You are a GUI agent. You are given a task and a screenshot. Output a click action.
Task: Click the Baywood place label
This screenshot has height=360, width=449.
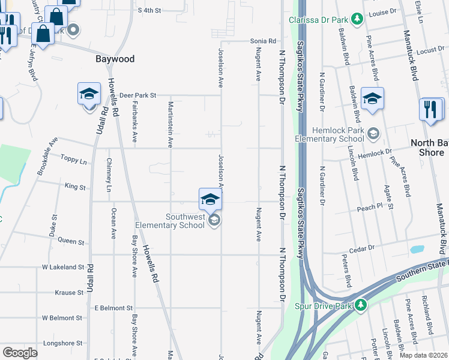pos(115,59)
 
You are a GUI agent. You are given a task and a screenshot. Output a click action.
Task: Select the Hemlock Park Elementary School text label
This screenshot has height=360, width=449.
pos(330,134)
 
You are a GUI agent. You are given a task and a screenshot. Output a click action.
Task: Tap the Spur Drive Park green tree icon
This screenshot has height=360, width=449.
pos(360,305)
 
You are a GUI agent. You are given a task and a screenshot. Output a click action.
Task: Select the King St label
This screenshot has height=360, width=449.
pos(75,187)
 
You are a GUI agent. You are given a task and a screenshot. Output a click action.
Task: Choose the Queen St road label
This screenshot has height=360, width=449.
pos(71,241)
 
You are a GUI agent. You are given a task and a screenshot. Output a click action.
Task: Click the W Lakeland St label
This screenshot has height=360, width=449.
pos(62,266)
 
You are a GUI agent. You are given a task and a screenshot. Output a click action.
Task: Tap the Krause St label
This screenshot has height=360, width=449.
pos(69,292)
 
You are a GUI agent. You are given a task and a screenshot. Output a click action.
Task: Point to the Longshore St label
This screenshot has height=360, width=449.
pos(62,343)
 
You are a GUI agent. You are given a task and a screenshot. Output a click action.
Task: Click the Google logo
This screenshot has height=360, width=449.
pos(19,353)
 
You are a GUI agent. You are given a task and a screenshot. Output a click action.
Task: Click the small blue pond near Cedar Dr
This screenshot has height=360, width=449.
pos(416,249)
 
